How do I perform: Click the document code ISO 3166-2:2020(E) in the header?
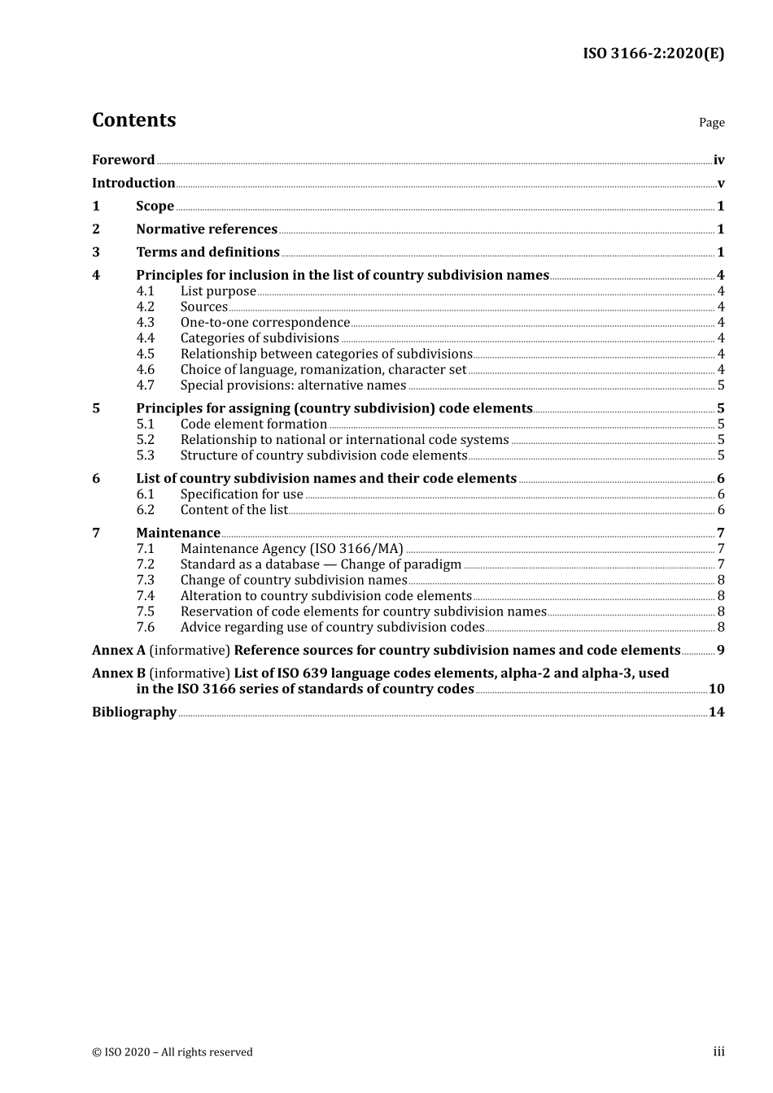click(x=653, y=54)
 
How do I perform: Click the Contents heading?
click(x=133, y=120)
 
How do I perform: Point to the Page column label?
click(x=711, y=123)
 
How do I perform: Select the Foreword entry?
click(x=123, y=160)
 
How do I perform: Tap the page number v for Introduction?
click(x=720, y=184)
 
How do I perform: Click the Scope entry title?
click(x=155, y=207)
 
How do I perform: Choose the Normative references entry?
click(x=207, y=229)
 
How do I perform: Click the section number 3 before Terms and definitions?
click(x=96, y=252)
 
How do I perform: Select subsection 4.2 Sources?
click(x=203, y=307)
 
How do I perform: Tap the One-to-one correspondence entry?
click(x=264, y=323)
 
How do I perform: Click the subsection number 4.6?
click(x=145, y=370)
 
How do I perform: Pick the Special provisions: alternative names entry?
click(x=293, y=385)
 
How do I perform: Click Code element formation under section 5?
click(x=253, y=425)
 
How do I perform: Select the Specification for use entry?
click(x=242, y=494)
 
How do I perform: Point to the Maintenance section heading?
click(x=178, y=533)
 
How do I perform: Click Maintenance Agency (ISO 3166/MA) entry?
click(x=291, y=549)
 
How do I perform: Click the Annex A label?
click(x=118, y=651)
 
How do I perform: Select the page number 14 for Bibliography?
click(x=716, y=712)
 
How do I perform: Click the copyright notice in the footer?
click(x=173, y=1052)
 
